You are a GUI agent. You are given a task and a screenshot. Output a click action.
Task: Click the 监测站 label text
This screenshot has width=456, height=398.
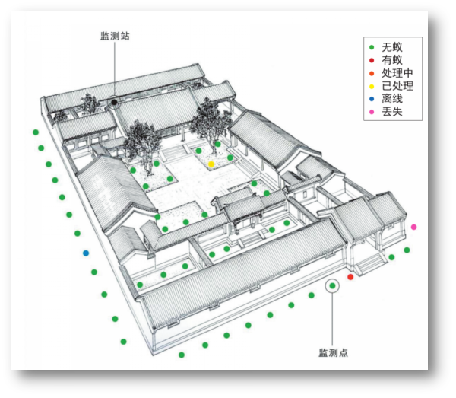(x=115, y=36)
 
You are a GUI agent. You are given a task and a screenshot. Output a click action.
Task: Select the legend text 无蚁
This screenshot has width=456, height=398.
(x=392, y=46)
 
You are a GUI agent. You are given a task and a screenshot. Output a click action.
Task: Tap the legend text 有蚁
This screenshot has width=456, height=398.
(x=392, y=60)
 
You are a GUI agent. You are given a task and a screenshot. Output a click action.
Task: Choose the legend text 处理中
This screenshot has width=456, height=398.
(x=397, y=73)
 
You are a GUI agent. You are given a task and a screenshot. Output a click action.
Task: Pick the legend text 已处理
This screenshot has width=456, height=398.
(x=397, y=87)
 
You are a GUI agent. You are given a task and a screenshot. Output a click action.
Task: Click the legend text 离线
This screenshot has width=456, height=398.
(x=392, y=100)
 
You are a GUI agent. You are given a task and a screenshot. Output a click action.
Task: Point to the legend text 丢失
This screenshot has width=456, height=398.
(x=392, y=114)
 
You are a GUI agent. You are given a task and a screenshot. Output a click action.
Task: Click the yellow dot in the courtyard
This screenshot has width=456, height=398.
(x=211, y=164)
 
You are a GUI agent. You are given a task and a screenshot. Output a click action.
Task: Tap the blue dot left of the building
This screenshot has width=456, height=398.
(x=86, y=253)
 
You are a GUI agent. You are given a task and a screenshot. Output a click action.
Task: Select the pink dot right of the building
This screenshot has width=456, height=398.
(x=413, y=227)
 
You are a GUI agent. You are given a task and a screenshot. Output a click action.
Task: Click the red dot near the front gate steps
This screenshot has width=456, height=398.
(x=350, y=277)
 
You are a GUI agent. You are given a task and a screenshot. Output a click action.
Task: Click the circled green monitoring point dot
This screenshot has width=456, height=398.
(x=332, y=286)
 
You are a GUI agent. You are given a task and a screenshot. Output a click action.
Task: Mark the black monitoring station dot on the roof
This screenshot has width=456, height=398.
(x=113, y=100)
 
